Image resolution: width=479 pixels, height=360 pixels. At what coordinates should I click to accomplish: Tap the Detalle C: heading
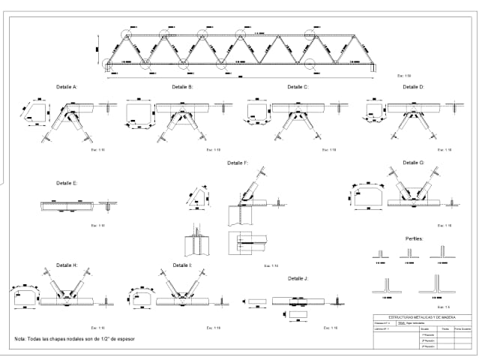298,87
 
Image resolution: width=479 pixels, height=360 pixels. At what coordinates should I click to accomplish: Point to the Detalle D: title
413,87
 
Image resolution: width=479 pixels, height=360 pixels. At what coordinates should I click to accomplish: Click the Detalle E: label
67,182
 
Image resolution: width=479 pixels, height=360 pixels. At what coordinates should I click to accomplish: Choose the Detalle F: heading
238,163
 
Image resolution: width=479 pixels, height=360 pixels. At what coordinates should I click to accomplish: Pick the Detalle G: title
413,163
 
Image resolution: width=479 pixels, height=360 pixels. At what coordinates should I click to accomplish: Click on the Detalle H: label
67,265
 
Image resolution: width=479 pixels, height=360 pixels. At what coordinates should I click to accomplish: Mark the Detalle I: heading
182,265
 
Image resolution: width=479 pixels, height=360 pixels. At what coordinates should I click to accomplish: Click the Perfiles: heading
415,238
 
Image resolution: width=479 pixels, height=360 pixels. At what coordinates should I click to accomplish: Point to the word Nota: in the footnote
22,339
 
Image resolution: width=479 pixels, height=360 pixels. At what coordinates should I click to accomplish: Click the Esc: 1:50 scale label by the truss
405,76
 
